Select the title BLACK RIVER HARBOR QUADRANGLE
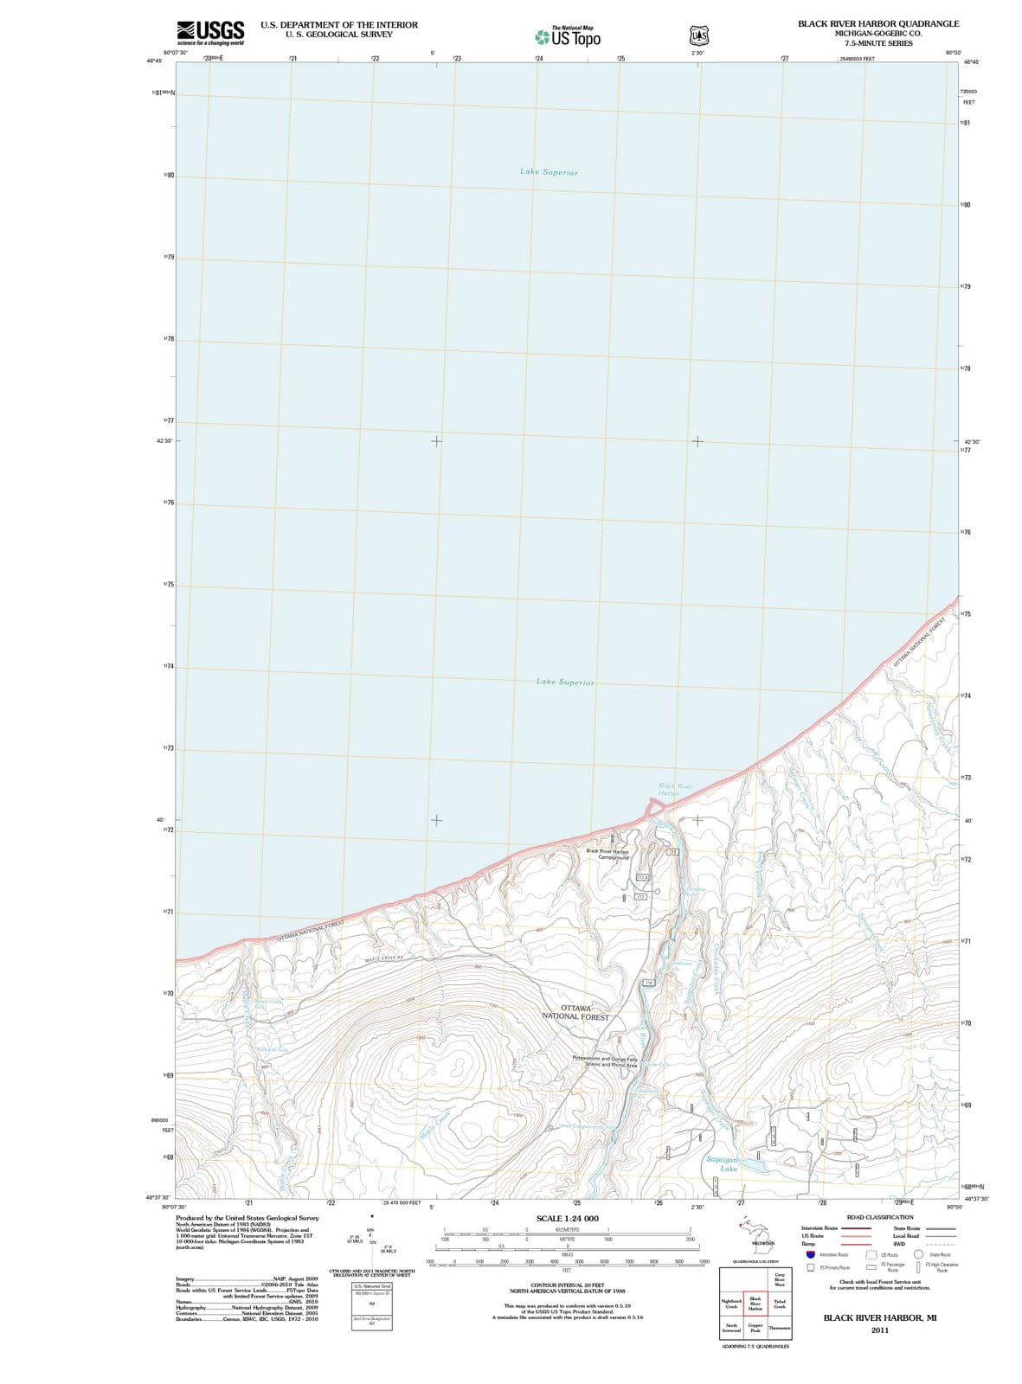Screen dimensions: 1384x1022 [878, 23]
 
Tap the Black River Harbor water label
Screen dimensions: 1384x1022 [675, 790]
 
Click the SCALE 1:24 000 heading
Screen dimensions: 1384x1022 [567, 1218]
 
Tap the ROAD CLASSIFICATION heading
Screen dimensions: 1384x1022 [879, 1217]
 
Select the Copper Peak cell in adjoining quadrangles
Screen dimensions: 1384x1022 [755, 1328]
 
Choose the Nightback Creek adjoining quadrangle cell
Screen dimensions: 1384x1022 [731, 1304]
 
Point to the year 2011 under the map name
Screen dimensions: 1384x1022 [879, 1330]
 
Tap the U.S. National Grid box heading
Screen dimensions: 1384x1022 [371, 1286]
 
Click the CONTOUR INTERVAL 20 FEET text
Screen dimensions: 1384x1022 [567, 1285]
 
